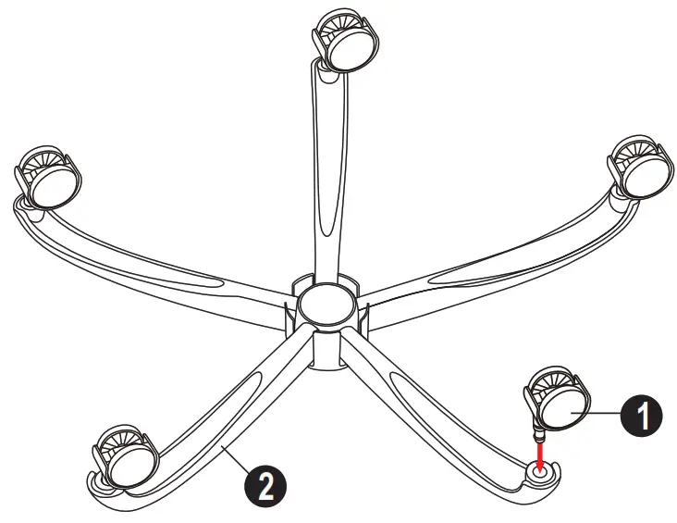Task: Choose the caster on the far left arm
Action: coord(46,176)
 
